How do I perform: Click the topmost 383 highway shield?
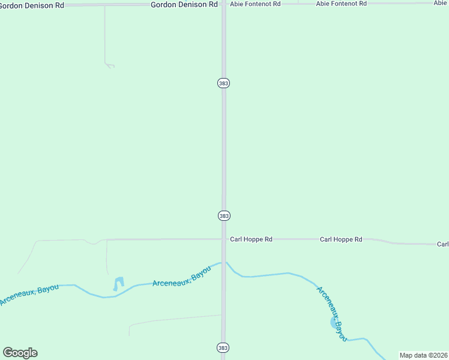click(x=223, y=83)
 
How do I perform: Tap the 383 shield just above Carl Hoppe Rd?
click(x=223, y=215)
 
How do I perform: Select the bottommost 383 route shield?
click(x=223, y=347)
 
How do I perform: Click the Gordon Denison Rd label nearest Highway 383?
click(x=184, y=4)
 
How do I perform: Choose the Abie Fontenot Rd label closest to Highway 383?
click(x=255, y=4)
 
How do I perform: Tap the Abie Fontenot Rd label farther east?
click(x=341, y=4)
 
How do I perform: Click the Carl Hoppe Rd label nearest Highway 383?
click(x=251, y=239)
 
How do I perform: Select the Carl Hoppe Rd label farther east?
click(x=341, y=239)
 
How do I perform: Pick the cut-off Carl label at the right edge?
click(x=442, y=244)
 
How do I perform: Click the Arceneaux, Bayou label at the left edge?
click(x=29, y=295)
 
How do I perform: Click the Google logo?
click(x=20, y=353)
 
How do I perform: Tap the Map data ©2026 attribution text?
click(x=424, y=355)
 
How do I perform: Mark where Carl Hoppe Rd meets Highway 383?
click(x=224, y=239)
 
